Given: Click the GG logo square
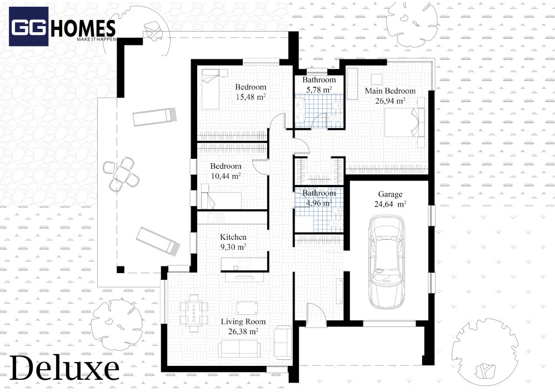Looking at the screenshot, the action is coord(28,27).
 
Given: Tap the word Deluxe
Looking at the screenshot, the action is coord(64,368).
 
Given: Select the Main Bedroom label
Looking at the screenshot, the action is coord(390,91).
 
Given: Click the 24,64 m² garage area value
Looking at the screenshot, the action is coord(390,204).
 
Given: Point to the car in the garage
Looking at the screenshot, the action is coord(387,262).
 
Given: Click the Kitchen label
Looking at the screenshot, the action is coord(233,237).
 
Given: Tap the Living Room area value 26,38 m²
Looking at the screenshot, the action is coord(243,331).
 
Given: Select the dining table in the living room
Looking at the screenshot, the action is coord(194,313).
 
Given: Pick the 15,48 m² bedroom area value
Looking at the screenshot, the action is coord(251,97).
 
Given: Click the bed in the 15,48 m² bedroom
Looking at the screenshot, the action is coord(211,89).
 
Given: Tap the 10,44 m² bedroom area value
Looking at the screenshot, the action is coord(226,176).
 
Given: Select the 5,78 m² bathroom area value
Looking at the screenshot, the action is coord(319,89).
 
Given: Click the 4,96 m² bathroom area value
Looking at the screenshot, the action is coord(319,203).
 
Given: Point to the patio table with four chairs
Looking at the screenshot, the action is coord(121,174).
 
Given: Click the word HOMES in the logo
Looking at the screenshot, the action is coord(83,28).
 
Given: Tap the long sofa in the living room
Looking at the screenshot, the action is coord(239,349).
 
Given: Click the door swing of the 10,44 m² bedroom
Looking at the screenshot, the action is coord(260,167).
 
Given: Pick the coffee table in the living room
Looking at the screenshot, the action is coord(247,308).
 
